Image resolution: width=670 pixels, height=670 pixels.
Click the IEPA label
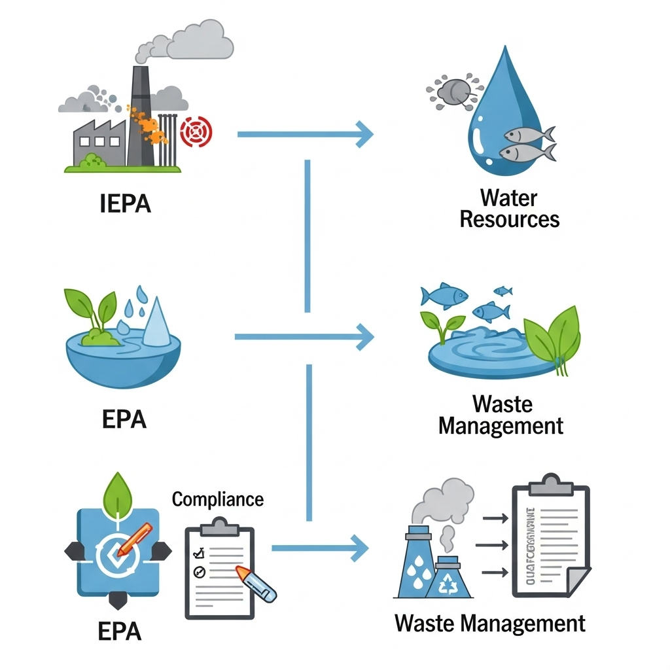[126, 203]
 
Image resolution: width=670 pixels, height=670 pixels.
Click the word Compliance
[218, 499]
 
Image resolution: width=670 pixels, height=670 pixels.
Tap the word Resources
[510, 219]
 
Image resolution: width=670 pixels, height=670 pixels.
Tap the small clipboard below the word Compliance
[219, 569]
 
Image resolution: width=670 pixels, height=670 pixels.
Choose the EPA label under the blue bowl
[124, 419]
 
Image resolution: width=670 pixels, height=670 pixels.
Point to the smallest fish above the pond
[502, 291]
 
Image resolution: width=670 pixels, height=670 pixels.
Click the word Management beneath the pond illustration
[501, 426]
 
